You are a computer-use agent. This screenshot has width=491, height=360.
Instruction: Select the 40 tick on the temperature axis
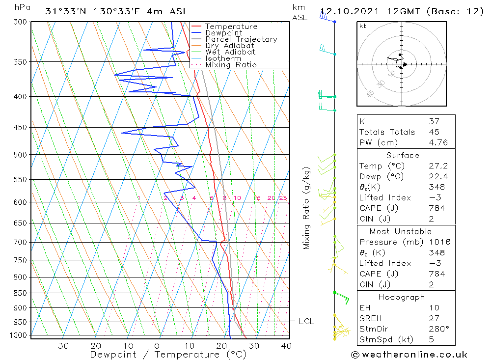pyautogui.click(x=286, y=346)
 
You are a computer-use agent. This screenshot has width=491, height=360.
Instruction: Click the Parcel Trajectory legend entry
pyautogui.click(x=241, y=39)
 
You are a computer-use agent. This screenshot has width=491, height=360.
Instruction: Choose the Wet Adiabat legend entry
pyautogui.click(x=230, y=52)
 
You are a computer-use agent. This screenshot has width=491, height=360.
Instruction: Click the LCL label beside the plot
pyautogui.click(x=306, y=322)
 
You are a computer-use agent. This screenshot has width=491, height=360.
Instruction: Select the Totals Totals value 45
pyautogui.click(x=434, y=132)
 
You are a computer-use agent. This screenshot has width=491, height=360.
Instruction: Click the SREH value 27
pyautogui.click(x=434, y=318)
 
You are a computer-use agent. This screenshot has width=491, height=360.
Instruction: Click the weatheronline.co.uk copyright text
pyautogui.click(x=409, y=355)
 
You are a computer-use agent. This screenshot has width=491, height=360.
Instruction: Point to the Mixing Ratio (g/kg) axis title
pyautogui.click(x=307, y=208)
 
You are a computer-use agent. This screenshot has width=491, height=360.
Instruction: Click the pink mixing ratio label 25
pyautogui.click(x=283, y=198)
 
